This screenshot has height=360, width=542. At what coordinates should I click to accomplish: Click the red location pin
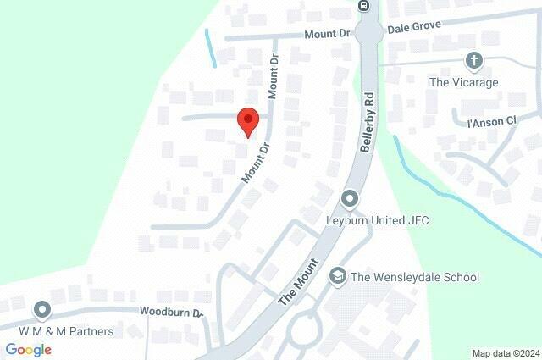(x=246, y=121)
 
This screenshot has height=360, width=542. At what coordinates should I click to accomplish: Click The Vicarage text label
(x=463, y=82)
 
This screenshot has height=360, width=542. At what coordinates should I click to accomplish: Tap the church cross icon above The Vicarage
(x=473, y=61)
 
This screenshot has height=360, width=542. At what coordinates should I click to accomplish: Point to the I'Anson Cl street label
(x=492, y=121)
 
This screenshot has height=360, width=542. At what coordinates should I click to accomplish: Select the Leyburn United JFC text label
(x=378, y=221)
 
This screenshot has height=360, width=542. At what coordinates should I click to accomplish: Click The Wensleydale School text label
(x=415, y=277)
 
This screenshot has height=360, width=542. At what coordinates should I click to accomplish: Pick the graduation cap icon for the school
(x=337, y=276)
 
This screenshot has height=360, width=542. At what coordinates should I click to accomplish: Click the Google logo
(x=28, y=349)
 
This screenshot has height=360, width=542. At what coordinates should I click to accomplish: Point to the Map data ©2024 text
(x=506, y=353)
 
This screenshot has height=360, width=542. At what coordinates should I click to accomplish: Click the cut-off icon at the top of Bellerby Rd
(x=364, y=5)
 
